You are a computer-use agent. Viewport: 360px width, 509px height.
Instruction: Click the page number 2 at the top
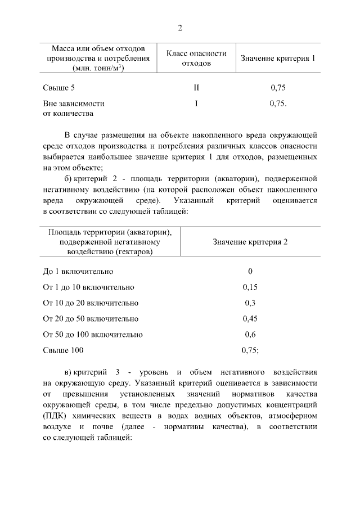click(x=180, y=28)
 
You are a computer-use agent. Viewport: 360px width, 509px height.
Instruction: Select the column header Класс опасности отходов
click(x=196, y=58)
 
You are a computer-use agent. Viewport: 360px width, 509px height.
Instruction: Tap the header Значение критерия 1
click(x=278, y=58)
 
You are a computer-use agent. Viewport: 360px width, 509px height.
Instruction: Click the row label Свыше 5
click(x=58, y=88)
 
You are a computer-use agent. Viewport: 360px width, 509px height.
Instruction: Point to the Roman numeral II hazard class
click(x=196, y=88)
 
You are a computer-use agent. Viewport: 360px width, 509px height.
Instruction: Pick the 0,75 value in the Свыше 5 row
click(x=278, y=88)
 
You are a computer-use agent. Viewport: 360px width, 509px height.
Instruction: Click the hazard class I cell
click(x=196, y=103)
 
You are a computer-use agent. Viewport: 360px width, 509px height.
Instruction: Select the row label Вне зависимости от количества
click(x=73, y=109)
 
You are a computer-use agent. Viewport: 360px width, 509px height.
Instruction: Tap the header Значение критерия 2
click(x=250, y=242)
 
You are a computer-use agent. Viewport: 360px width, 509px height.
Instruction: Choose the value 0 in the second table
click(x=250, y=272)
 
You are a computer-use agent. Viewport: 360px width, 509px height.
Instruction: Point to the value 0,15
click(x=250, y=287)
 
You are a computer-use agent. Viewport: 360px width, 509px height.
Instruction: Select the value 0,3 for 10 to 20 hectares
click(x=250, y=303)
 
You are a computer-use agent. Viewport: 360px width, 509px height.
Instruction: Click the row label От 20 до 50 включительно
click(x=91, y=319)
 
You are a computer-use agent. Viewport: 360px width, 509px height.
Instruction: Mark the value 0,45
click(x=250, y=319)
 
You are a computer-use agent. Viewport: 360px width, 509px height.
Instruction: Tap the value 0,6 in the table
click(x=250, y=335)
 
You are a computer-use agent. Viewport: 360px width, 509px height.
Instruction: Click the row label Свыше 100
click(x=63, y=350)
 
